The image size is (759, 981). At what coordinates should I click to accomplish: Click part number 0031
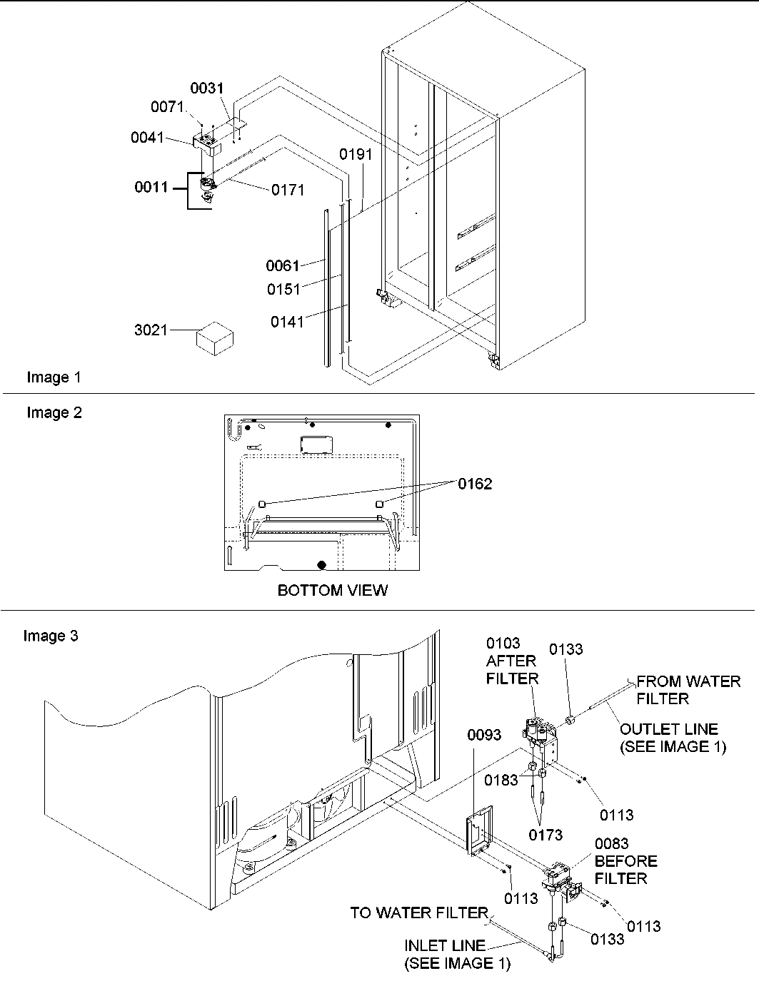pyautogui.click(x=206, y=88)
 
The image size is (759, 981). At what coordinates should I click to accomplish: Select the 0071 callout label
pyautogui.click(x=167, y=107)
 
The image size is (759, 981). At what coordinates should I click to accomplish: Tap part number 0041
pyautogui.click(x=147, y=138)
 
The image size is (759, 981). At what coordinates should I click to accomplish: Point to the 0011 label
pyautogui.click(x=151, y=188)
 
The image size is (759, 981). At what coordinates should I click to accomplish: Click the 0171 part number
pyautogui.click(x=287, y=190)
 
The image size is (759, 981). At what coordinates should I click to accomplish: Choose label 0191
pyautogui.click(x=356, y=154)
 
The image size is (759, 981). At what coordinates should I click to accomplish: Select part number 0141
pyautogui.click(x=287, y=322)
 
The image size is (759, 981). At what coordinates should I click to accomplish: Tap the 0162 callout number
pyautogui.click(x=475, y=484)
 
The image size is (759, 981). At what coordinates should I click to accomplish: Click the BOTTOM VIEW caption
pyautogui.click(x=332, y=591)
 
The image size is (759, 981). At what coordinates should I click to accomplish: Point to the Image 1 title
pyautogui.click(x=54, y=377)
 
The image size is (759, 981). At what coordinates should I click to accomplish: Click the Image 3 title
pyautogui.click(x=51, y=636)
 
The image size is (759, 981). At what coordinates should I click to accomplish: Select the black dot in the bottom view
pyautogui.click(x=322, y=565)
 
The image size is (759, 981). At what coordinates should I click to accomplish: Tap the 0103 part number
pyautogui.click(x=503, y=644)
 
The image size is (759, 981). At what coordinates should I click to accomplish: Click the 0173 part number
pyautogui.click(x=546, y=834)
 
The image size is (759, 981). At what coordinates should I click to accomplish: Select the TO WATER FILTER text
pyautogui.click(x=418, y=913)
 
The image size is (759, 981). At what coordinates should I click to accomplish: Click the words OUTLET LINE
pyautogui.click(x=669, y=729)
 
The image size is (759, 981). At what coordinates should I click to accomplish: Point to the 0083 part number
pyautogui.click(x=611, y=844)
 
